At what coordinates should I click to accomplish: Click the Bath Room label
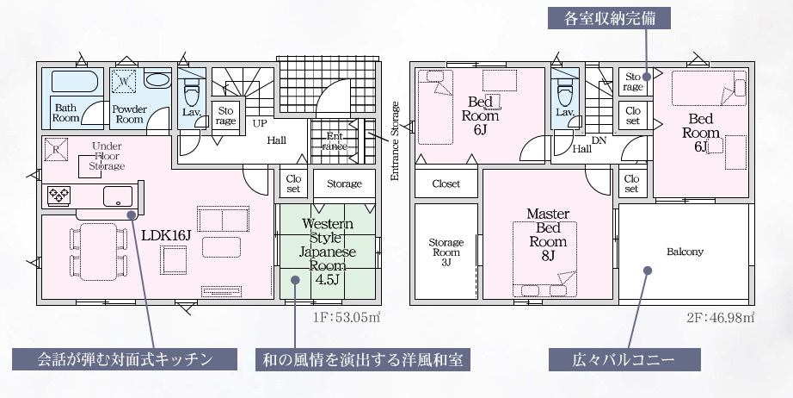66,113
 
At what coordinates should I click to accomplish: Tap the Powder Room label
129,114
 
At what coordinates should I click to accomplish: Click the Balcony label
685,252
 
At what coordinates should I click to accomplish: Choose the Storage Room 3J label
446,252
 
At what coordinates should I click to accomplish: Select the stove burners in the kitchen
58,196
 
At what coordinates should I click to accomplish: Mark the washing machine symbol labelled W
125,81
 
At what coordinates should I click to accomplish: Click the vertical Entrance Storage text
396,140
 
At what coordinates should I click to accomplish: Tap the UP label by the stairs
258,123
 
